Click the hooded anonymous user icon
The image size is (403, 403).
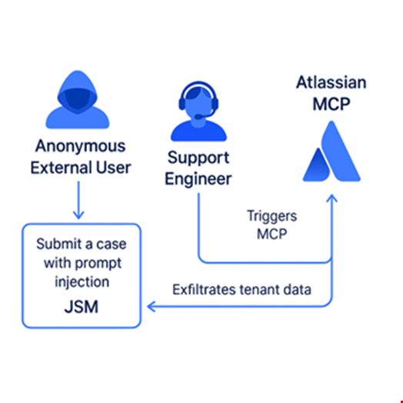point(78,100)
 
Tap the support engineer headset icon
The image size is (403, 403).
point(198,111)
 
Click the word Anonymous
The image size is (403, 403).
point(81,146)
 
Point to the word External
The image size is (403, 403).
point(61,168)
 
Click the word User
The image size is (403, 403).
point(113,168)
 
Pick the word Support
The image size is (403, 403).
point(198,158)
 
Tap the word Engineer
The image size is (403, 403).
point(198,179)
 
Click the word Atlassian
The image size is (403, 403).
point(331,82)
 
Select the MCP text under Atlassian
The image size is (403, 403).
point(331,104)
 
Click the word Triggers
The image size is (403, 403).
point(272,216)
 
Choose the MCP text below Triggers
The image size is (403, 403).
point(272,234)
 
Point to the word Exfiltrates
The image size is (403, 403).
point(204,290)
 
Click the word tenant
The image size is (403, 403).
point(259,290)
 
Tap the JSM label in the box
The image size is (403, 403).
point(82,307)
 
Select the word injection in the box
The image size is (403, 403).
point(82,282)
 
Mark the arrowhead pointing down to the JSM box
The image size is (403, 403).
point(78,215)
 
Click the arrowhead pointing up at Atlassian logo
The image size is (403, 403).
point(331,198)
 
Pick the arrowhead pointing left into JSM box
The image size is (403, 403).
point(151,307)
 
